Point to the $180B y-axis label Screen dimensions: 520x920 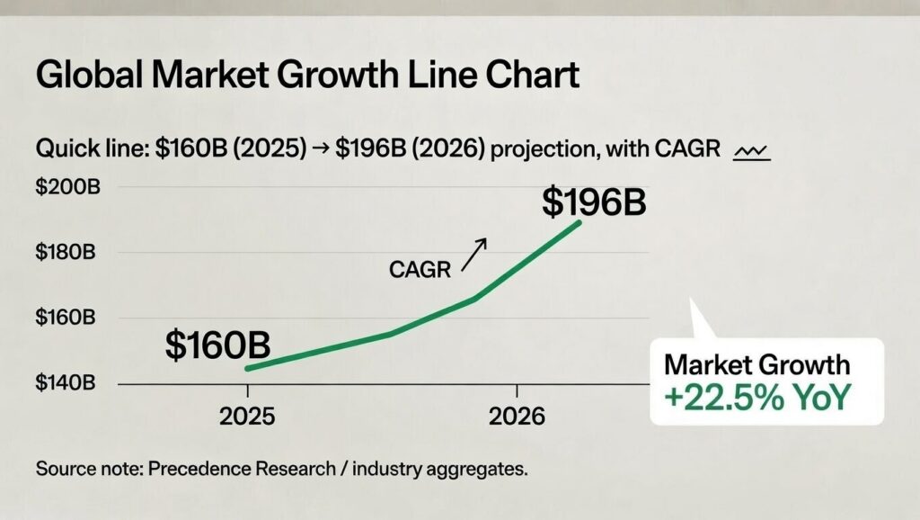[x=66, y=252]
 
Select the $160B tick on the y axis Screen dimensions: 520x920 [x=66, y=318]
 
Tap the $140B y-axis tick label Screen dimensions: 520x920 [x=66, y=382]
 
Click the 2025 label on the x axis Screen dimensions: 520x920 [x=247, y=417]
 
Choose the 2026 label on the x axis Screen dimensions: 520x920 [x=517, y=417]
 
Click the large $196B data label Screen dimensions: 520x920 [x=594, y=202]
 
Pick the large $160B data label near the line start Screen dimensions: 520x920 [x=218, y=345]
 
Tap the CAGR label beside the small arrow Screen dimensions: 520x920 [x=420, y=269]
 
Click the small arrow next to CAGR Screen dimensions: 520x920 [x=473, y=255]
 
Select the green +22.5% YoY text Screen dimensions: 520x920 [x=756, y=398]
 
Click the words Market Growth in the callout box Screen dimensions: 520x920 [x=756, y=364]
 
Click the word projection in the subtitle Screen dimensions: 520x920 [x=540, y=150]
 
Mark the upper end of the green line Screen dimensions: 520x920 [x=579, y=221]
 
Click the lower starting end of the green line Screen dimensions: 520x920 [x=247, y=368]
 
